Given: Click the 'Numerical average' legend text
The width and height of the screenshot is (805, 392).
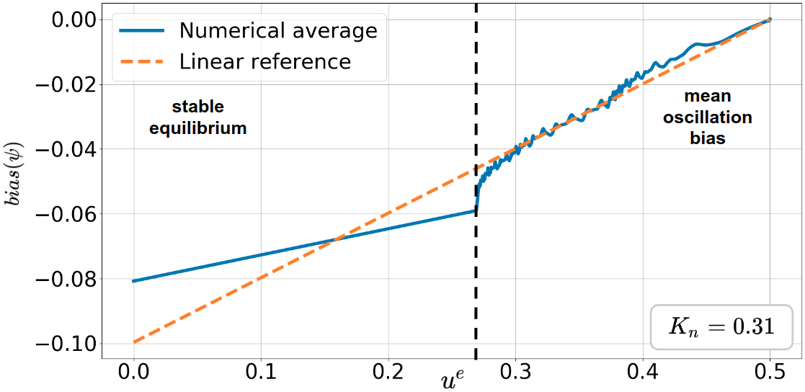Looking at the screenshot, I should pos(278,31).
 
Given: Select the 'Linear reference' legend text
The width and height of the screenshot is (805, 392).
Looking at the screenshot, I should pos(264,61).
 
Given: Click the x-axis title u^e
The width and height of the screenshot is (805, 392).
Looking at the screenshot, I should pos(458,378).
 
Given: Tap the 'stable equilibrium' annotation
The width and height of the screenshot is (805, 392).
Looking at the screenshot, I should pos(197,118).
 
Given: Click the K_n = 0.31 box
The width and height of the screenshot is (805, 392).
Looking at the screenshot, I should pos(721,327).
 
